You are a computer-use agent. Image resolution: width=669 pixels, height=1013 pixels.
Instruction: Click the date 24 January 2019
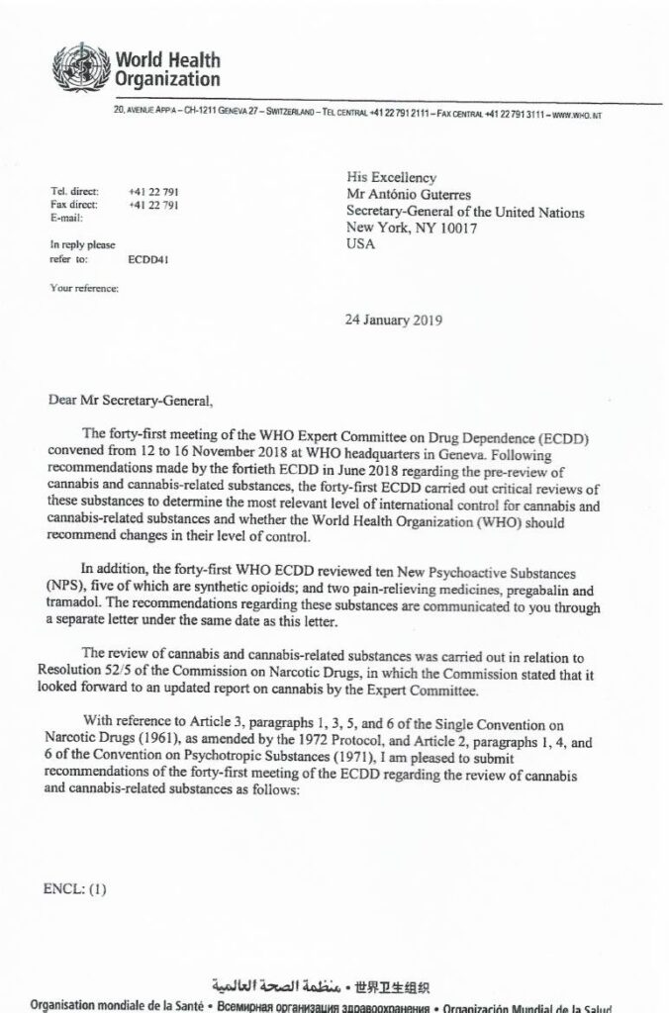tap(393, 321)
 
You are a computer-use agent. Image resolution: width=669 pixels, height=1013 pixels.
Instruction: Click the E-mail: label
tap(66, 217)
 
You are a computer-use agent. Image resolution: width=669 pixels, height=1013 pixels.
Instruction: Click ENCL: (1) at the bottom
tap(75, 888)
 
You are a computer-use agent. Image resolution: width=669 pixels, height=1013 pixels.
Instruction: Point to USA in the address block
tap(361, 244)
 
